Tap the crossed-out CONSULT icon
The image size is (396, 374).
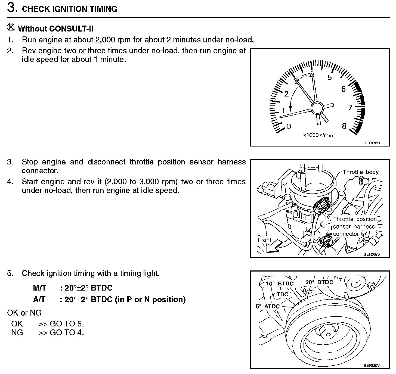point(10,27)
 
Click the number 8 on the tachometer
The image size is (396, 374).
point(344,126)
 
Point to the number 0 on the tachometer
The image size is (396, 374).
point(289,126)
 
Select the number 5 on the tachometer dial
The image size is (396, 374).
point(330,78)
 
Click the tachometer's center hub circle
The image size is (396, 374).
point(317,108)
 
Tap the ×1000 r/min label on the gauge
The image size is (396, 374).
point(318,135)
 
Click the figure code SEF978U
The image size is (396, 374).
point(372,143)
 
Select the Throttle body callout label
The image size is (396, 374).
point(360,172)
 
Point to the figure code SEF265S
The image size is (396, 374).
point(372,254)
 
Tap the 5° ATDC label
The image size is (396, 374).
point(268,306)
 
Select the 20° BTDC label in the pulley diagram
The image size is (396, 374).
point(319,282)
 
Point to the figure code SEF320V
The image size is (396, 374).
point(372,366)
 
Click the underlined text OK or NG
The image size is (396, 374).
point(24,313)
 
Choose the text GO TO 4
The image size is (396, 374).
point(67,332)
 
